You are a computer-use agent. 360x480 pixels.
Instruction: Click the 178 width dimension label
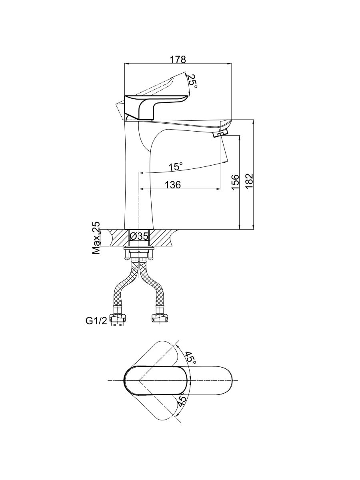pos(178,59)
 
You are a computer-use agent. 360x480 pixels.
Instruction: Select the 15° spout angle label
pos(175,167)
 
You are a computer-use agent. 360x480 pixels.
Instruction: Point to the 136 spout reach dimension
pos(173,185)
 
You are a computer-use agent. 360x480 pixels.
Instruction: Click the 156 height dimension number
pos(235,182)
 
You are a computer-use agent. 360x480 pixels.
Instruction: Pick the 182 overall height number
pos(249,182)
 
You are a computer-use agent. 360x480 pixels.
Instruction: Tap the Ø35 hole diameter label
pos(139,236)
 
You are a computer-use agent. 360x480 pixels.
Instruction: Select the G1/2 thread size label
pos(96,321)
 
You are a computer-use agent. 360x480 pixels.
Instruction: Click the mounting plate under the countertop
pos(139,248)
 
